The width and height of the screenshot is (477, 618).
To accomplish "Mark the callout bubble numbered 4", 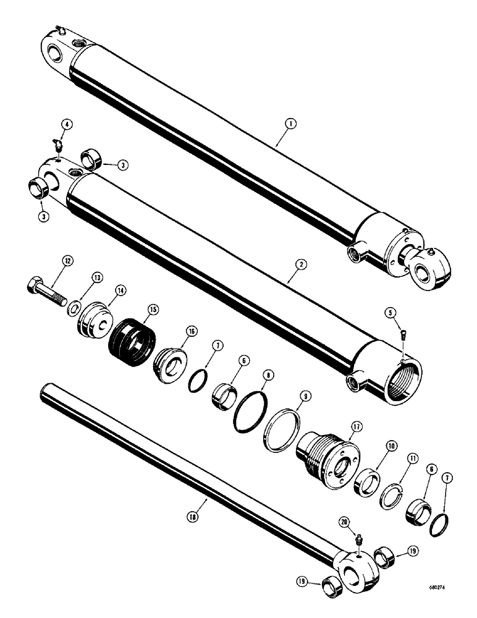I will (67, 124).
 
